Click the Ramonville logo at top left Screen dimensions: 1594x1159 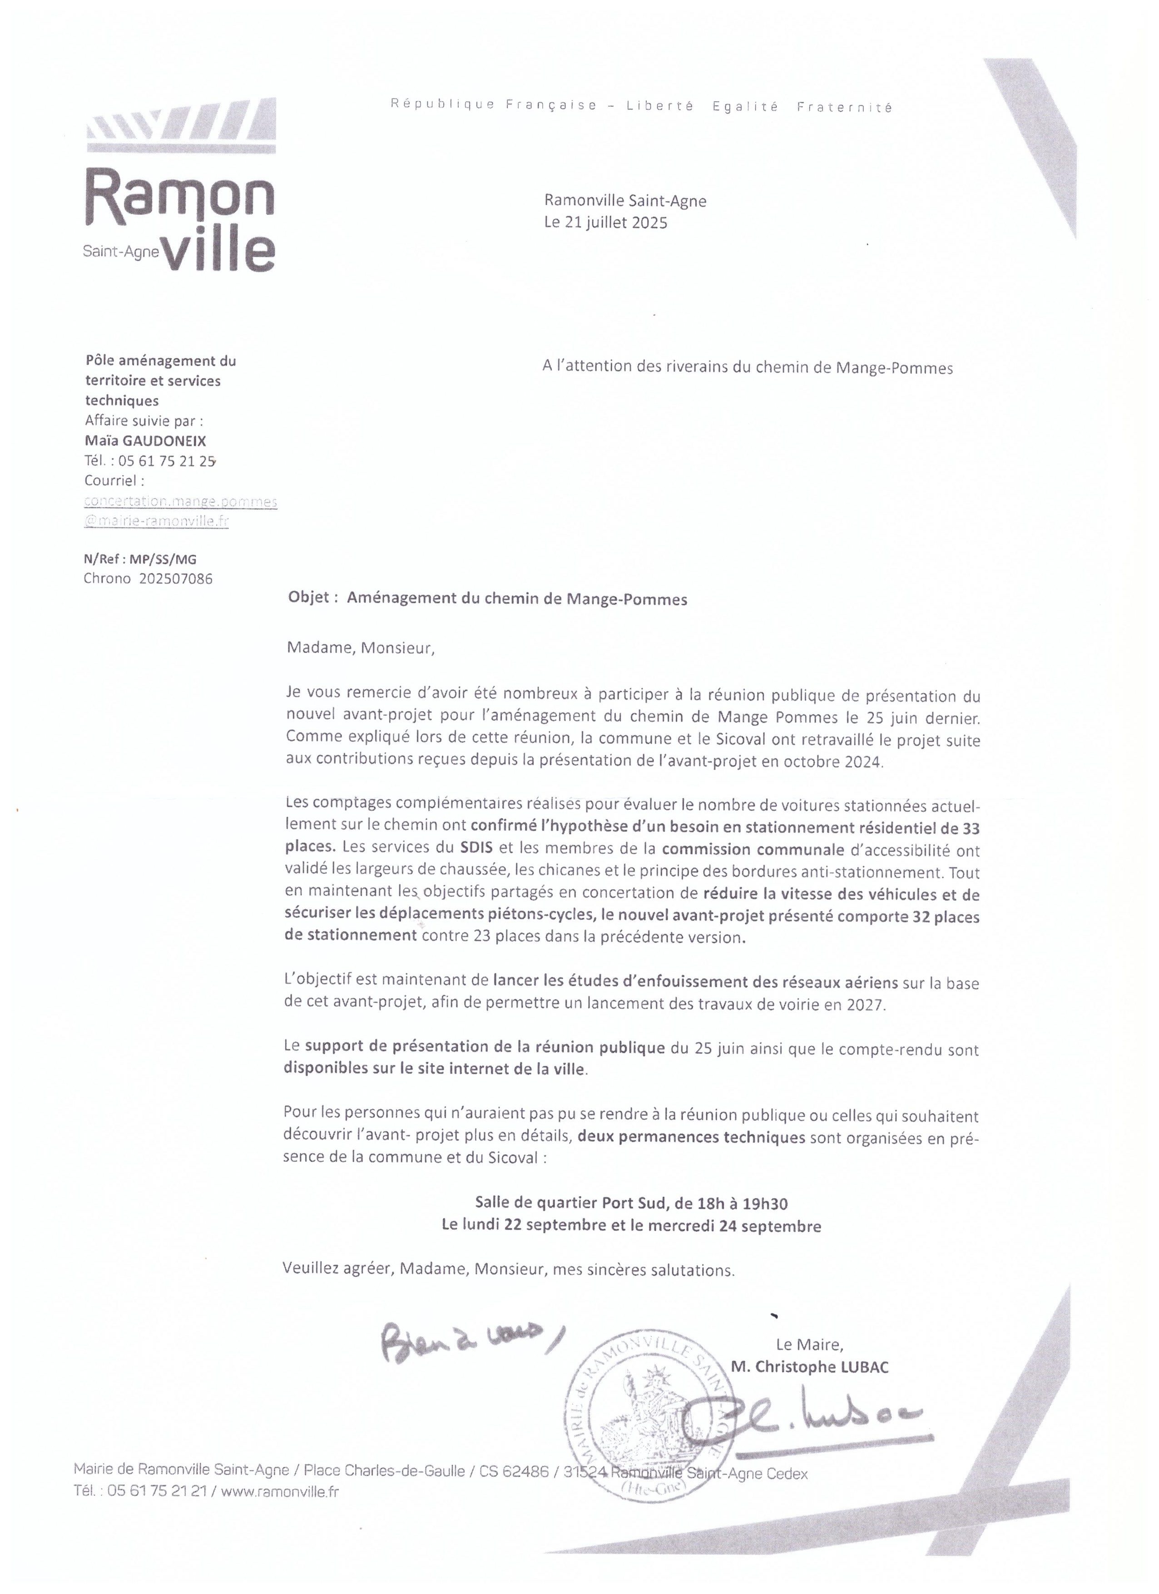pyautogui.click(x=179, y=186)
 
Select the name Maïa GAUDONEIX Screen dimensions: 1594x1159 pyautogui.click(x=145, y=441)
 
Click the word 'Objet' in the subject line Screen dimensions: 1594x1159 pyautogui.click(x=308, y=597)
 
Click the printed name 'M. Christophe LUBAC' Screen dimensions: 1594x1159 pyautogui.click(x=810, y=1366)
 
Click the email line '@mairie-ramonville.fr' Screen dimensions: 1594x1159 pyautogui.click(x=156, y=521)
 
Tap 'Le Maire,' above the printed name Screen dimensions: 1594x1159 pyautogui.click(x=809, y=1345)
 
